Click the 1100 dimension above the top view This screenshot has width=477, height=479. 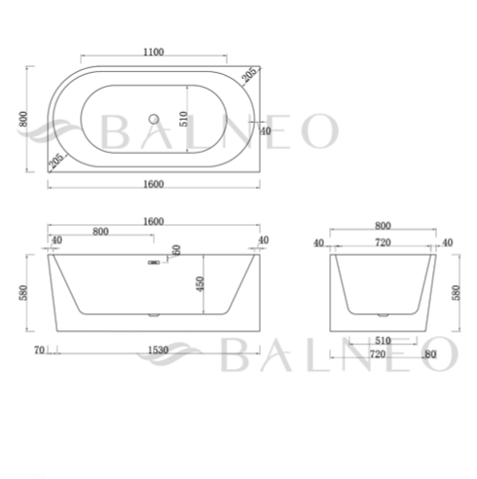(x=154, y=52)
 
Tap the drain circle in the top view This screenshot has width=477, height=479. (x=154, y=119)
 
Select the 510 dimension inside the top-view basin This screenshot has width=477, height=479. (x=184, y=119)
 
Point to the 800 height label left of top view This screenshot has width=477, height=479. (x=23, y=119)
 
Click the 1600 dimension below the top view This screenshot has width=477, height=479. (x=154, y=184)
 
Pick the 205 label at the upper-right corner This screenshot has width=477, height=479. (x=249, y=74)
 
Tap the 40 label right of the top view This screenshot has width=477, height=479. (x=265, y=131)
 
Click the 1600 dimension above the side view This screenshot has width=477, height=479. (x=154, y=221)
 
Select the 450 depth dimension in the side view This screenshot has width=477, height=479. (x=201, y=283)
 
